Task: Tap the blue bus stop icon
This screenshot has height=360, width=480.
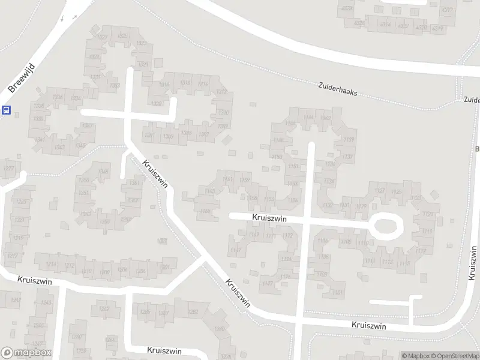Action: point(6,110)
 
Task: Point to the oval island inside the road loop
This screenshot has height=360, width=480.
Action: point(386,226)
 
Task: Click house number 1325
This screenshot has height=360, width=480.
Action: point(142,43)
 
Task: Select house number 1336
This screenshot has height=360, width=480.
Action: point(58,97)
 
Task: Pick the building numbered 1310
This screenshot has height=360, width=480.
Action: point(224,112)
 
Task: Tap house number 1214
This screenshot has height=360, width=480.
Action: point(52,264)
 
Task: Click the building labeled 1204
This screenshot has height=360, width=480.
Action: point(142,271)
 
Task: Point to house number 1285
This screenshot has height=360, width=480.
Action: point(145,312)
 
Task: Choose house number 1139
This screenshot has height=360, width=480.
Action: point(347,139)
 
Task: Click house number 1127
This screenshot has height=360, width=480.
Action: point(379,191)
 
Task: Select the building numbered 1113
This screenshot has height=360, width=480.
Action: point(387,262)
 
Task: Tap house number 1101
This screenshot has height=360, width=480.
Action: point(337,292)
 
